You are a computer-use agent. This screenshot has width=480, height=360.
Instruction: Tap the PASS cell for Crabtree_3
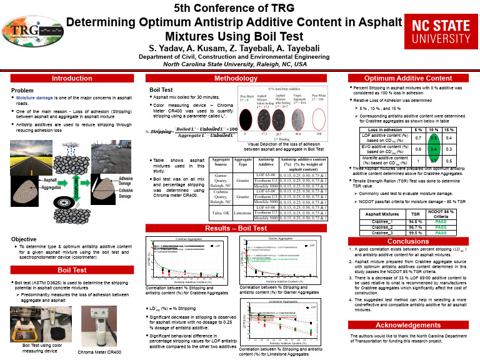click(x=441, y=232)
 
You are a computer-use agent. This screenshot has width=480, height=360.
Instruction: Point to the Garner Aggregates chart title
click(x=281, y=239)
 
